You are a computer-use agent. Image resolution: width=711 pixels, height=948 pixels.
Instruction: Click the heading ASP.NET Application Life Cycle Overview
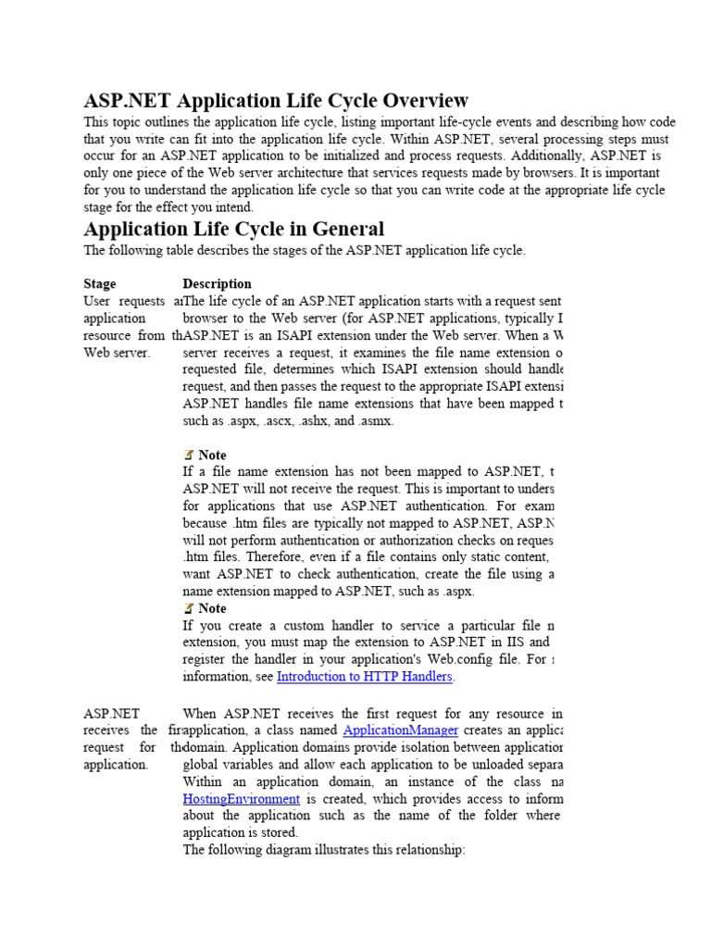pos(276,100)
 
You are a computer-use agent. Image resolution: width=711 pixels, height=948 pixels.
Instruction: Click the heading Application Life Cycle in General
pos(233,228)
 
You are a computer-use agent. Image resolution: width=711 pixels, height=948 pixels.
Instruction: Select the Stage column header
pos(100,283)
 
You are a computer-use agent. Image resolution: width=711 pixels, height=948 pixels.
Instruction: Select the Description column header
pos(217,283)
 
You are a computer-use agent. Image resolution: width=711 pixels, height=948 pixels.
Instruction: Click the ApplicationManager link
pos(400,730)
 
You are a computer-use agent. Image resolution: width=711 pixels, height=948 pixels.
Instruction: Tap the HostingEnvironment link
pos(241,799)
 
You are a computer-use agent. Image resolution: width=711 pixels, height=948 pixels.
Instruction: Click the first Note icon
pos(189,455)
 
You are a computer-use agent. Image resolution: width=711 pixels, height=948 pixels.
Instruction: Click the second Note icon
pos(189,608)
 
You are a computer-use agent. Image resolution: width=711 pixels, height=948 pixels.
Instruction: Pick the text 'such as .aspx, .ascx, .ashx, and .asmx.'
pos(289,420)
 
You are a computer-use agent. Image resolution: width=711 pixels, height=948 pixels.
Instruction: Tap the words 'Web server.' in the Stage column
pos(117,353)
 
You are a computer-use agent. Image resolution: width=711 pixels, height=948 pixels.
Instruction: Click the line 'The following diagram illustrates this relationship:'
pos(324,850)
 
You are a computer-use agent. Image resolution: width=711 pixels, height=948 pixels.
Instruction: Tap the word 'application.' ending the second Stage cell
pos(116,765)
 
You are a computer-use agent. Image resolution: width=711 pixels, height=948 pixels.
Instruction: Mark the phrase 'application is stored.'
pos(241,832)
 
